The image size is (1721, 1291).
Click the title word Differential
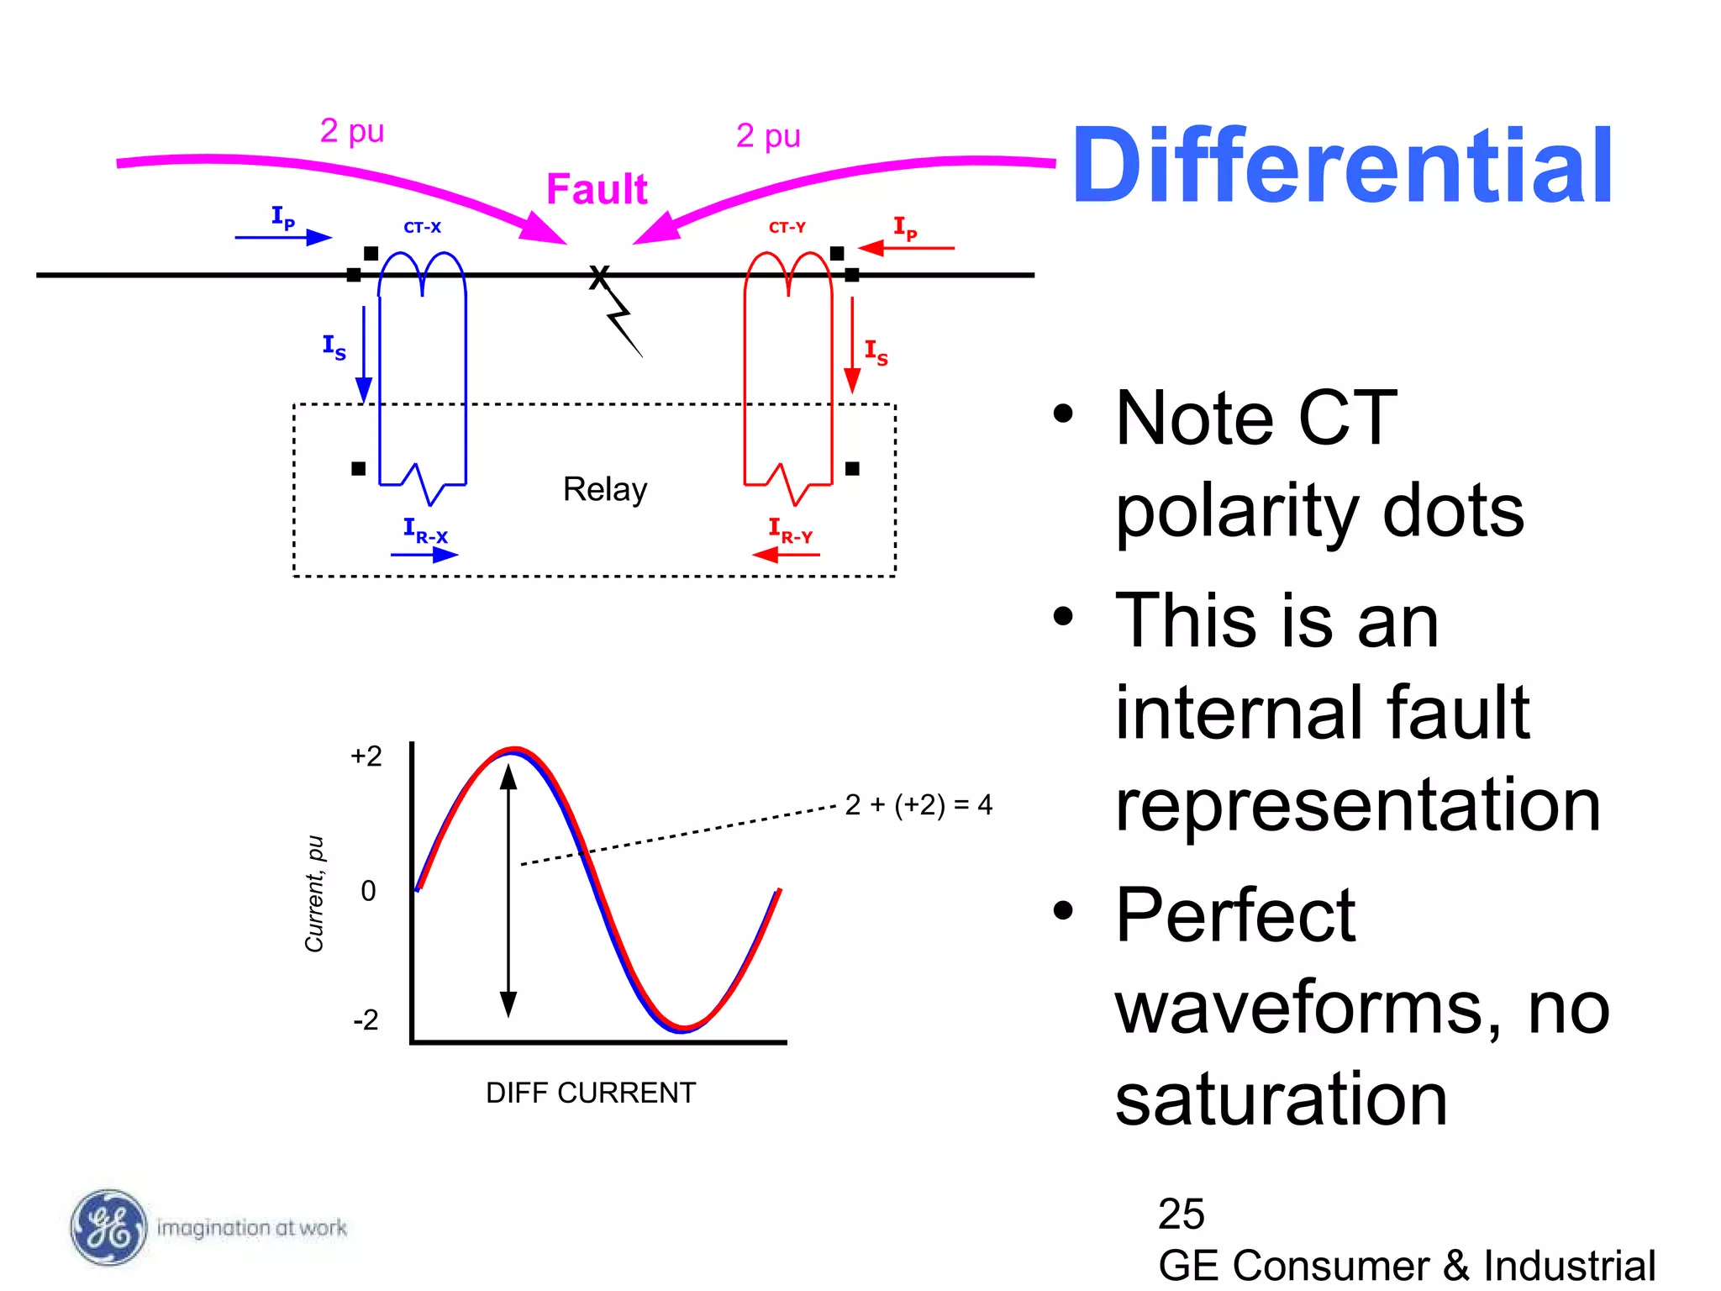tap(1342, 166)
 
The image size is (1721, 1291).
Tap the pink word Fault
tap(597, 189)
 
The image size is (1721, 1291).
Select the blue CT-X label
tap(422, 228)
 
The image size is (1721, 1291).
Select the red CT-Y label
tap(787, 228)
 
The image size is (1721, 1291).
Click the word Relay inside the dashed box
tap(605, 489)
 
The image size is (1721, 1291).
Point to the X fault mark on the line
tap(598, 277)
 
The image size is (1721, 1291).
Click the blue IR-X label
tap(425, 530)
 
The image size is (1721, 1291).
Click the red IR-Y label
tap(790, 530)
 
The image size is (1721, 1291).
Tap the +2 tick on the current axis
tap(366, 756)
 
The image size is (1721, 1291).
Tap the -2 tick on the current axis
tap(366, 1020)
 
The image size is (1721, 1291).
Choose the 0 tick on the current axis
tap(368, 891)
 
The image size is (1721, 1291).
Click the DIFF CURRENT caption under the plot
tap(591, 1093)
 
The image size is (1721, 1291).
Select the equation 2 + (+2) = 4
tap(918, 805)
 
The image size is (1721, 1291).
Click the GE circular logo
tap(108, 1227)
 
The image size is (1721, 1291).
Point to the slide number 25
tap(1181, 1214)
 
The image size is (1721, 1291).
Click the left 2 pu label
tap(352, 131)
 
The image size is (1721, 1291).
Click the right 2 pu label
tap(768, 135)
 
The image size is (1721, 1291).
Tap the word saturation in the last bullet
tap(1281, 1099)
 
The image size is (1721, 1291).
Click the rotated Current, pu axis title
tap(314, 893)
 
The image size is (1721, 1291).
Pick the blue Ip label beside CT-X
tap(283, 218)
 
